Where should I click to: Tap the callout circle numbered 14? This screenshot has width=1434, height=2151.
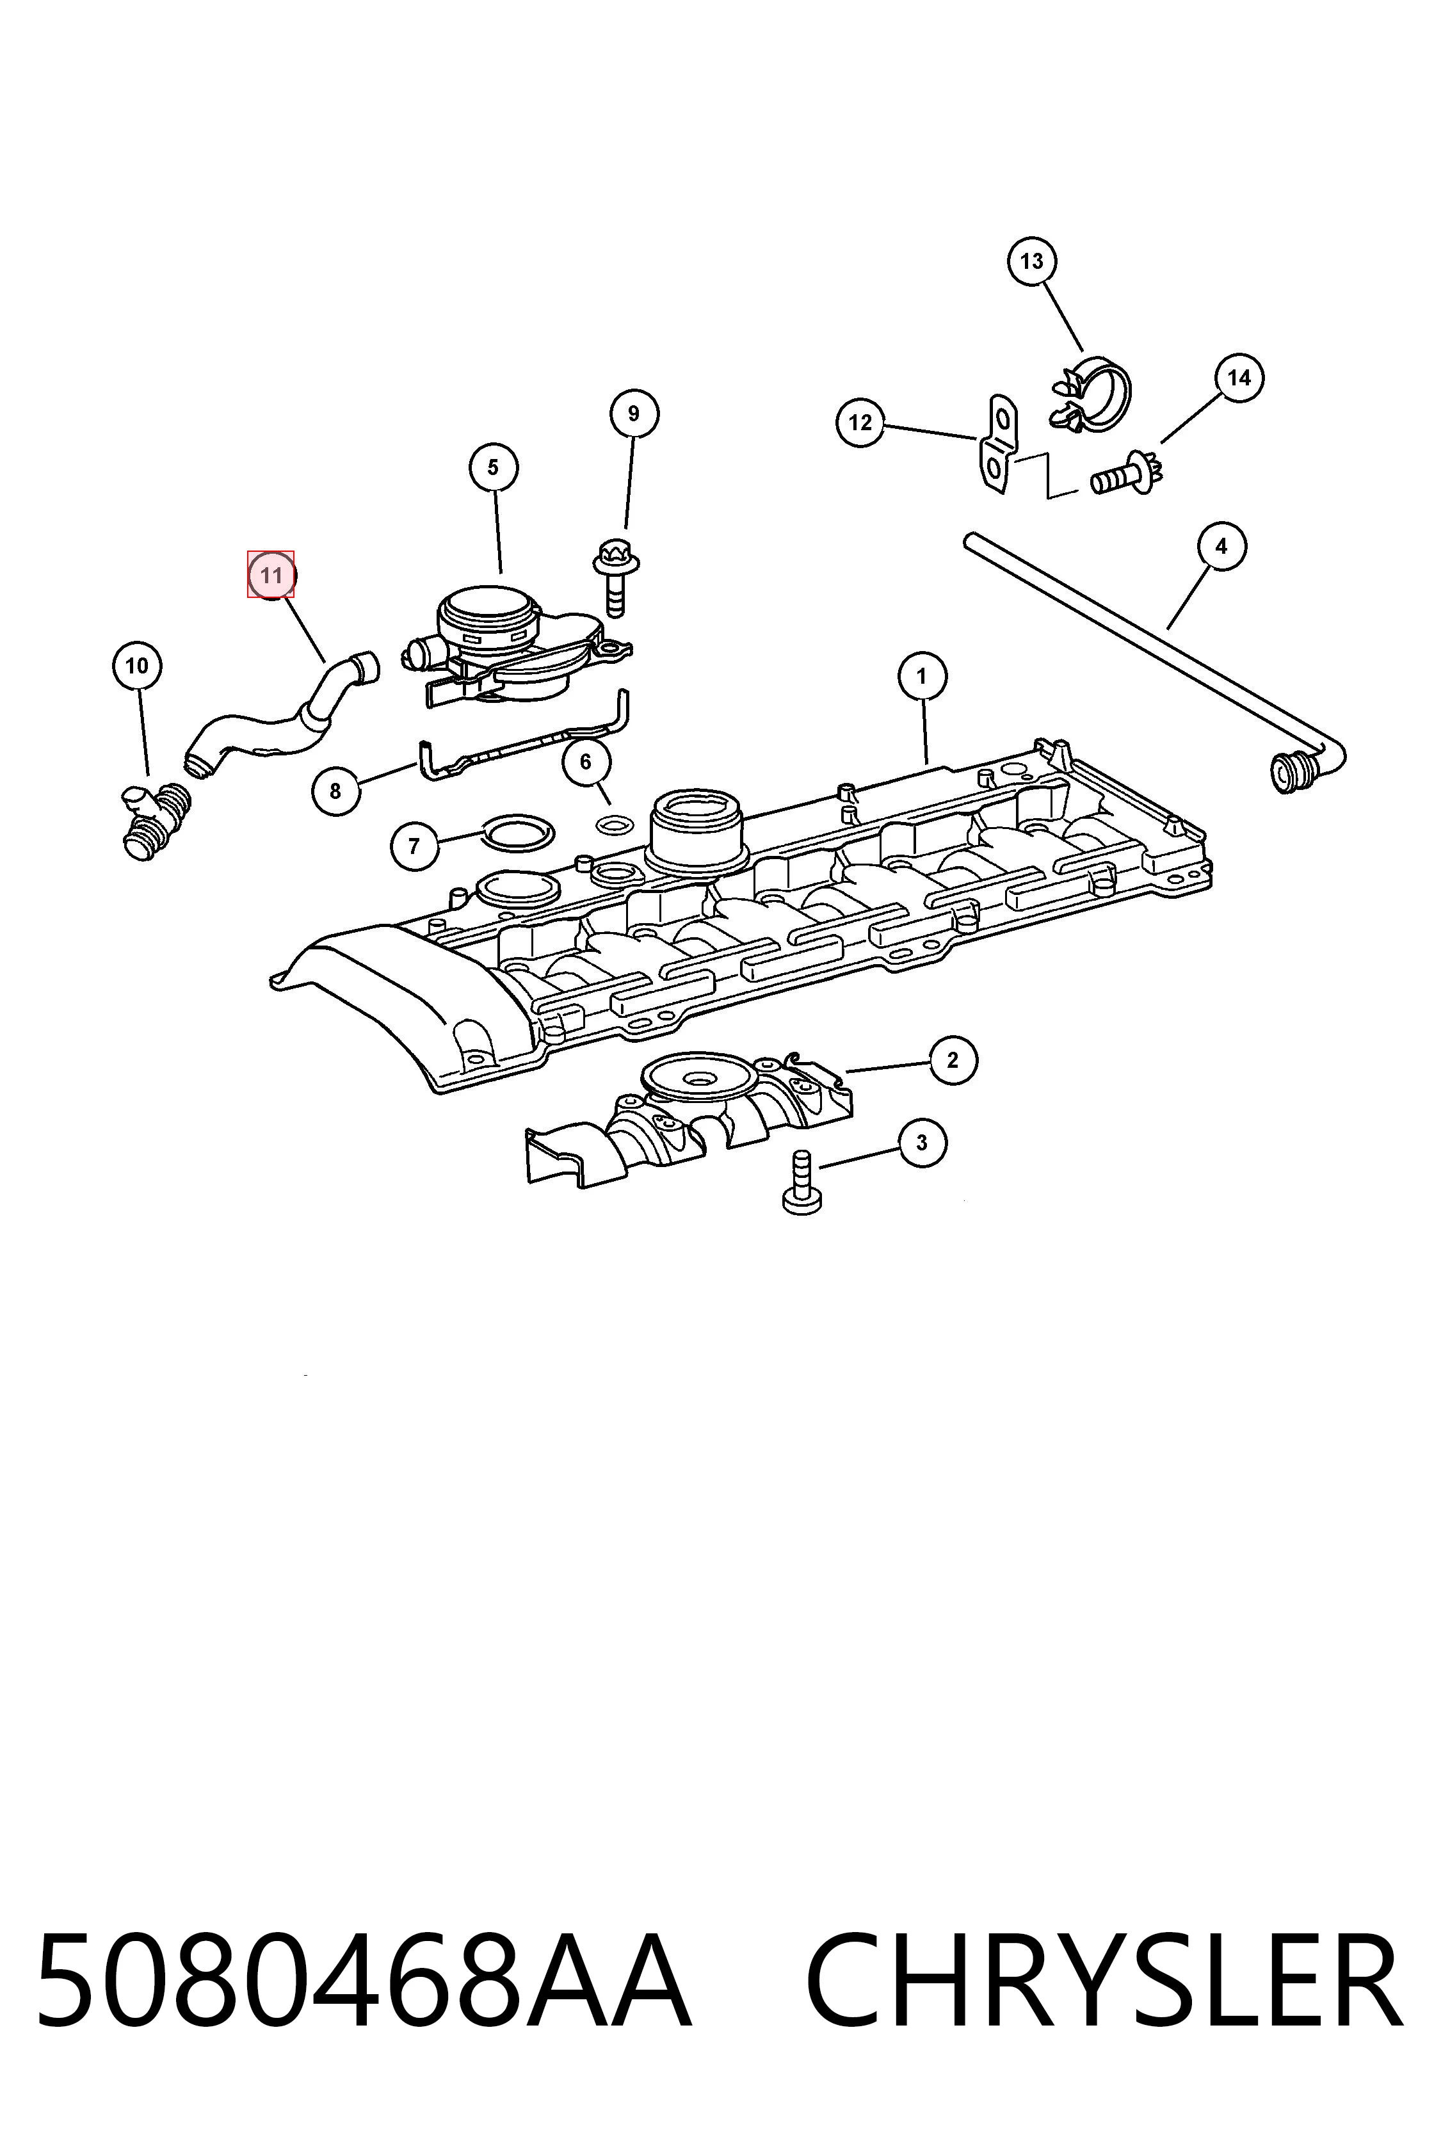(1239, 378)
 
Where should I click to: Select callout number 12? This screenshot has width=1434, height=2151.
(860, 423)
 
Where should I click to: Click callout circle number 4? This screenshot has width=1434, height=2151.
(1222, 547)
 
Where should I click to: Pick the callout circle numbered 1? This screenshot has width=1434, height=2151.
(922, 677)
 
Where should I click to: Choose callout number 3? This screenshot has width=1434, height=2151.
(922, 1143)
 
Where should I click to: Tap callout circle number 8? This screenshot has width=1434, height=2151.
(335, 791)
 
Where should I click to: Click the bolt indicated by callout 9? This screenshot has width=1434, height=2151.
(615, 579)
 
